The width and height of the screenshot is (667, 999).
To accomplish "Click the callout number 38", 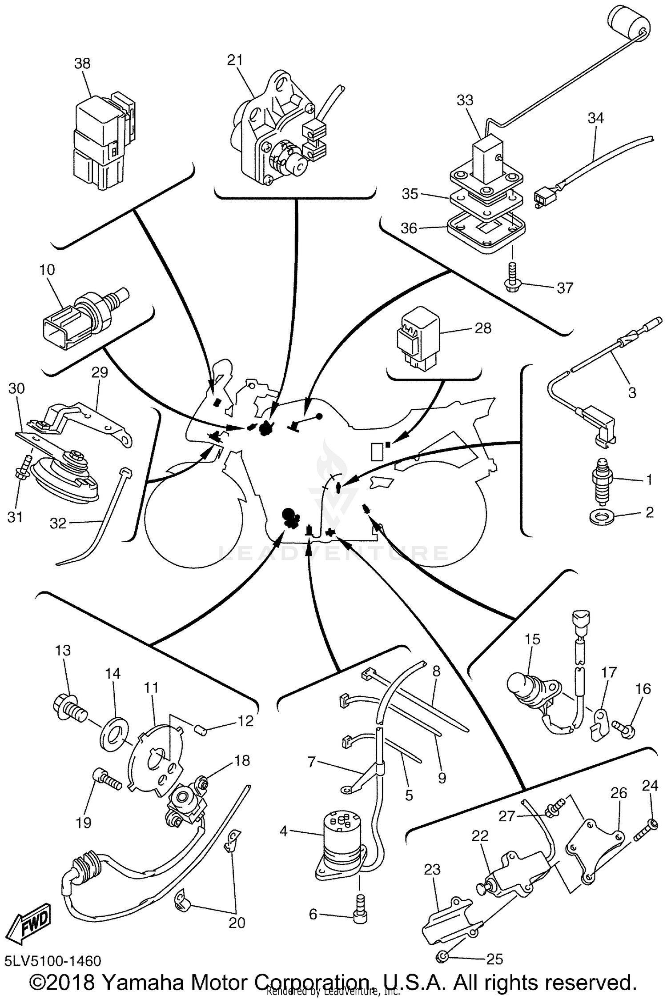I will point(82,63).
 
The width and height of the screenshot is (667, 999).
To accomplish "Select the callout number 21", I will point(235,60).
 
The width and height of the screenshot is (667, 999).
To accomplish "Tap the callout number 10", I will point(47,270).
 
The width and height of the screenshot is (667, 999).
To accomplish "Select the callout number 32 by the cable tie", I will point(58,523).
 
